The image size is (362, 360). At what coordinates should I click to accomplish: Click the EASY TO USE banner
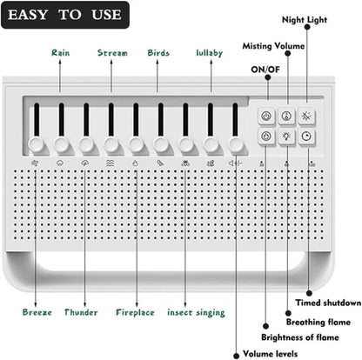65,15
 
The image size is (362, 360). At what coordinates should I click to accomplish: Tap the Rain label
60,53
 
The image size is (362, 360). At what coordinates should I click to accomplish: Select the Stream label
111,53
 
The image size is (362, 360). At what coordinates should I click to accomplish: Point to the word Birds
158,53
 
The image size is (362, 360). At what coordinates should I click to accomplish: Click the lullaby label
209,53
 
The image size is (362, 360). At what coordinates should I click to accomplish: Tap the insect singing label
196,311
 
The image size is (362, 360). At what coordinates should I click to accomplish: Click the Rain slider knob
61,144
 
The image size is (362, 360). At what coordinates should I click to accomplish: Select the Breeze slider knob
36,144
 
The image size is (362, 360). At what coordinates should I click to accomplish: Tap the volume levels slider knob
236,144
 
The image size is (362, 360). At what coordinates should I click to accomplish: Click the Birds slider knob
161,144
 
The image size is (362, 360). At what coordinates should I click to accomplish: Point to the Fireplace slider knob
136,144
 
